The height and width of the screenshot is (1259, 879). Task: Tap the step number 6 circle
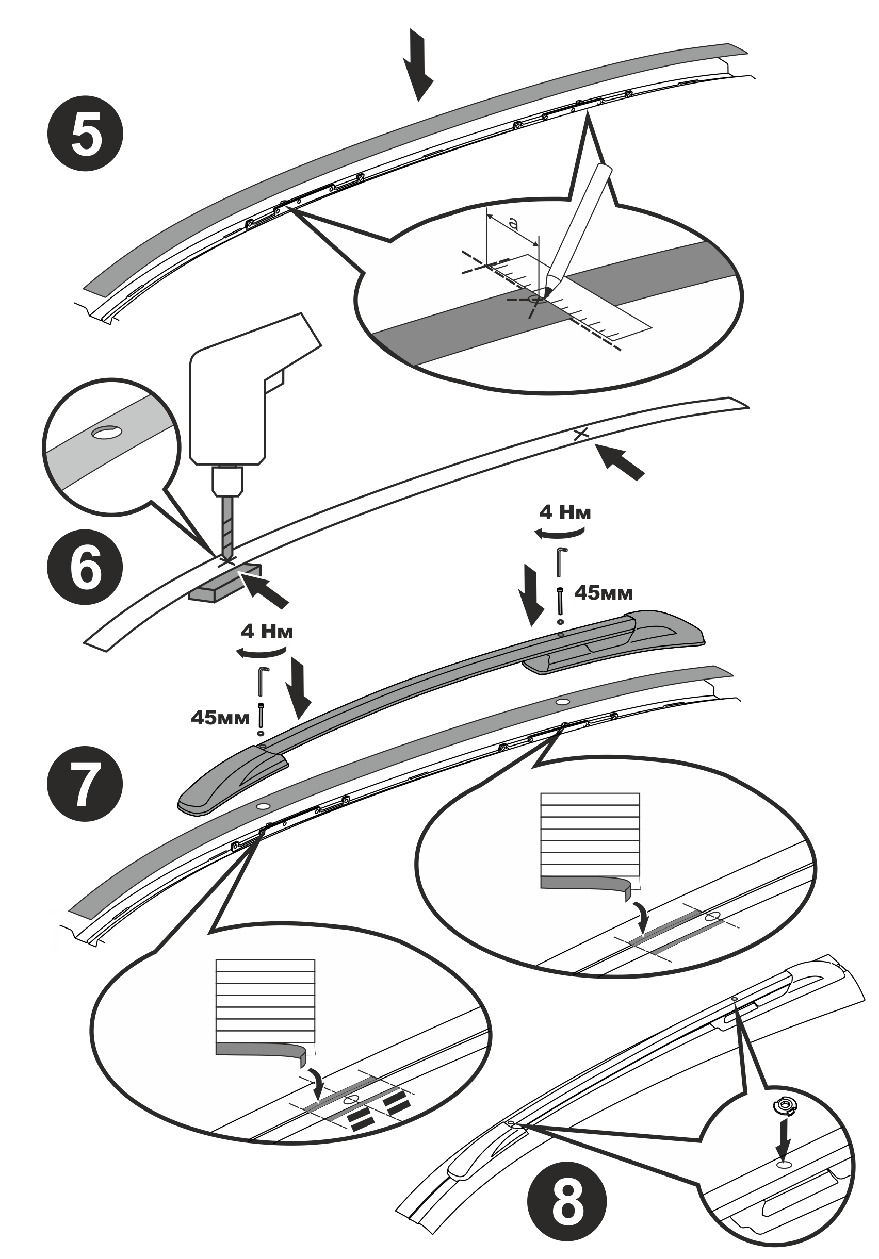pyautogui.click(x=85, y=567)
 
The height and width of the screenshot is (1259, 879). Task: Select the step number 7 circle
pyautogui.click(x=85, y=784)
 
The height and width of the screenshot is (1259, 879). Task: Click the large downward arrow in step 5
pyautogui.click(x=418, y=65)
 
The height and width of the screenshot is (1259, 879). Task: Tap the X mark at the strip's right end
pyautogui.click(x=580, y=434)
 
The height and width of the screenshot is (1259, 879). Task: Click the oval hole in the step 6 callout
pyautogui.click(x=107, y=433)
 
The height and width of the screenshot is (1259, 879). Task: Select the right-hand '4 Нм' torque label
pyautogui.click(x=565, y=512)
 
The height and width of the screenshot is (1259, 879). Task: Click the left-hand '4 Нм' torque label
pyautogui.click(x=267, y=631)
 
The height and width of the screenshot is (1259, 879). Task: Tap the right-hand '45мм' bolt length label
pyautogui.click(x=603, y=593)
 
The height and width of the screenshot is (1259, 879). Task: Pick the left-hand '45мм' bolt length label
pyautogui.click(x=220, y=717)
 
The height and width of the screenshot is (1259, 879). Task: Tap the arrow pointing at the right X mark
pyautogui.click(x=620, y=463)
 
